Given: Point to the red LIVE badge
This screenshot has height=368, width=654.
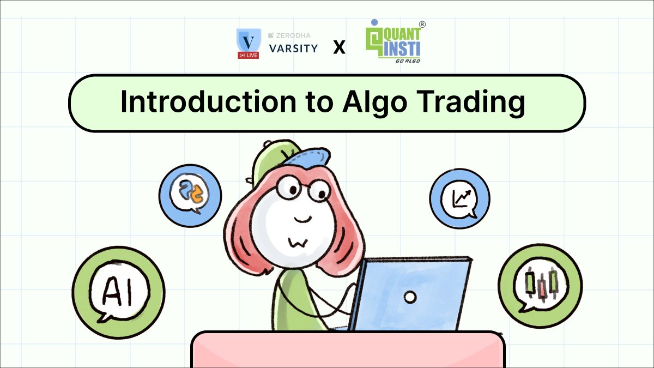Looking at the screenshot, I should click(249, 55).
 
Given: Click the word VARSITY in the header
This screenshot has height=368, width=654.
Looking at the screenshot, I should click(293, 49).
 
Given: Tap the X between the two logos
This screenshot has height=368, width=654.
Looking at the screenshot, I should click(339, 48).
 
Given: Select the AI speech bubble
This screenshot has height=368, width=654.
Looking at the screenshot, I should click(118, 292).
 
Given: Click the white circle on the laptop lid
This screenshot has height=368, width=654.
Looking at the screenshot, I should click(410, 297).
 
